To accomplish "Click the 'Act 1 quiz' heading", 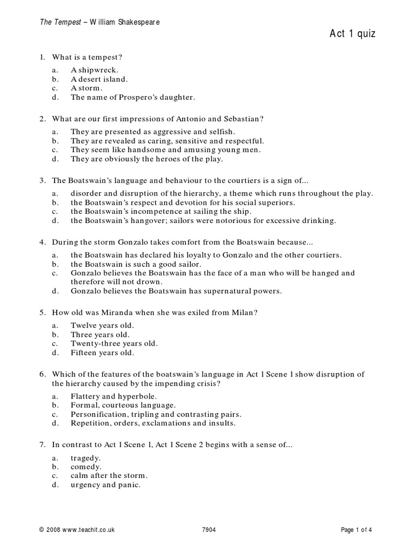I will coord(352,34).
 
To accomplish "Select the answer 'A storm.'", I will coord(86,88).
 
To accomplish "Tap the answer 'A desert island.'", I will coord(99,79).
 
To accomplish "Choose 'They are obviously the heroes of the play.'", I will coord(146,159).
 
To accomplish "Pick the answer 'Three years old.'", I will coord(100,334).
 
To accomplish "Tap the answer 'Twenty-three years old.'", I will coord(113,343).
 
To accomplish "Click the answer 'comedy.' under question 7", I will coord(85,466).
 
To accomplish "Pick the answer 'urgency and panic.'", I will coord(105,484).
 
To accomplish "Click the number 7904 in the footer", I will coord(208,530).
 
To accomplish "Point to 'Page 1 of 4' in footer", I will coord(356,530).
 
